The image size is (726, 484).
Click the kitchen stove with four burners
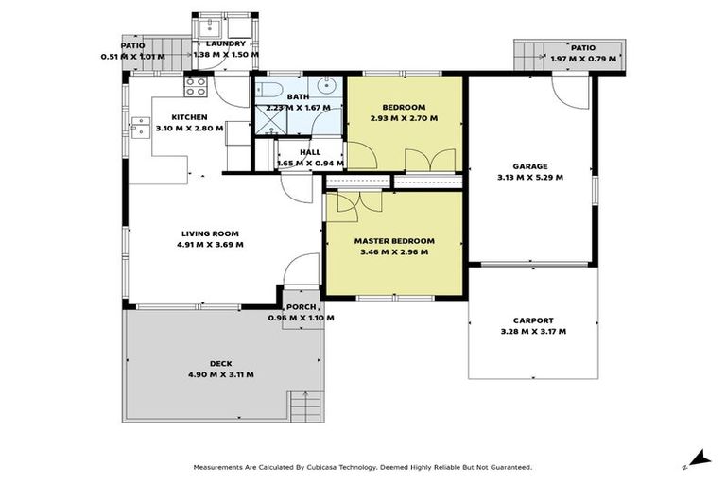pos(196,86)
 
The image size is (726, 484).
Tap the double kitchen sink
pos(140,127)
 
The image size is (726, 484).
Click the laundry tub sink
pos(208,26)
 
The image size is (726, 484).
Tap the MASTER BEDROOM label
pos(394,241)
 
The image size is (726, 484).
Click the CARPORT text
pos(534,320)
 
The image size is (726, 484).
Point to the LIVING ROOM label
pos(210,233)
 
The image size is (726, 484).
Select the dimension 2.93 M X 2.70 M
pos(404,119)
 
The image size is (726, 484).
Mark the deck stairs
pos(304,407)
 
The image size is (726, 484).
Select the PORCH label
pos(302,307)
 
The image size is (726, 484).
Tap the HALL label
pos(310,151)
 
